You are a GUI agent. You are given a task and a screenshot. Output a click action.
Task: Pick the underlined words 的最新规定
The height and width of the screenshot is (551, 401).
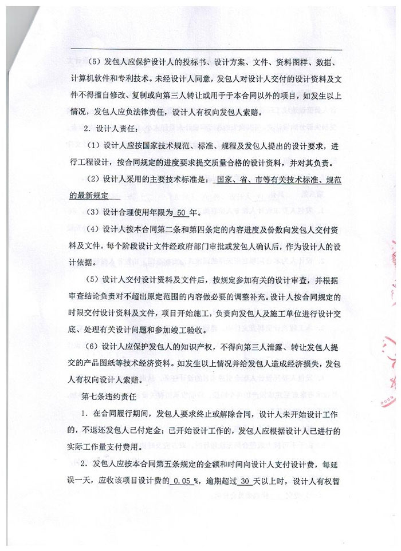(92, 195)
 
